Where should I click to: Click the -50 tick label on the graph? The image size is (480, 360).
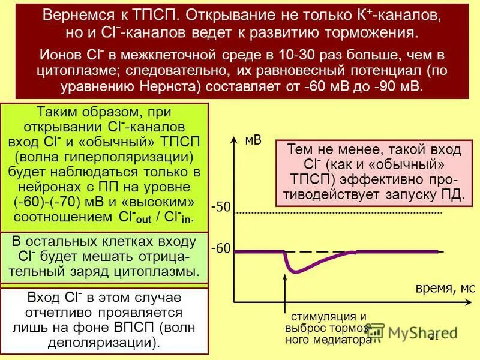click(x=221, y=208)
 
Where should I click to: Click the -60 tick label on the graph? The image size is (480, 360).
click(x=221, y=248)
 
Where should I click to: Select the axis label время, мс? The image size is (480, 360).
click(x=445, y=288)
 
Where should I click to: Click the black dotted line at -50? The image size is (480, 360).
click(x=336, y=212)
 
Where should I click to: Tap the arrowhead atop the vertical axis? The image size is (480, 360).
click(x=233, y=139)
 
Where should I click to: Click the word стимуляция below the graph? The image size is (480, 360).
click(x=328, y=316)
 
